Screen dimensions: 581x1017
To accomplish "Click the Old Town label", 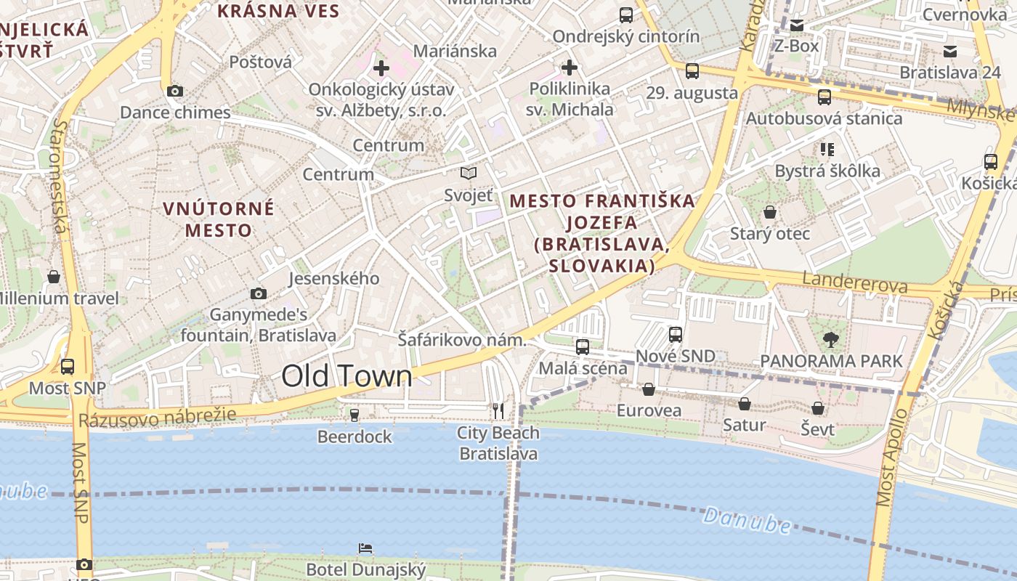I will click(x=347, y=376).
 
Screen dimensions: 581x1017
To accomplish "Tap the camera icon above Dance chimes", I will click(x=174, y=91).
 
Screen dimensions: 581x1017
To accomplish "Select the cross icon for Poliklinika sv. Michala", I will click(x=570, y=68).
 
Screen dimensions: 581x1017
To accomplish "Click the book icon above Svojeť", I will click(x=469, y=174).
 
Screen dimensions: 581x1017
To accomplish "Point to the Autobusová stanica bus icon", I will click(x=824, y=97).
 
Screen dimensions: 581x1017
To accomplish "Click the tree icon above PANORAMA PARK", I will click(x=831, y=339).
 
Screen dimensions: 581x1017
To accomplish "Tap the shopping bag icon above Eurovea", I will click(x=649, y=390).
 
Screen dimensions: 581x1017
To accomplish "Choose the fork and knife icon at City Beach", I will click(x=498, y=412).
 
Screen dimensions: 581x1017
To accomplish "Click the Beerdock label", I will click(x=354, y=436).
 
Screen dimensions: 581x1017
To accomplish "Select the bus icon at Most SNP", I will click(x=68, y=367).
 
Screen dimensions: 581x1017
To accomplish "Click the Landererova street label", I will click(x=854, y=282).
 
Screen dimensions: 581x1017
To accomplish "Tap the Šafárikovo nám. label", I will click(x=462, y=339).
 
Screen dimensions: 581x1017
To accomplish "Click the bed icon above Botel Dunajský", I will click(x=365, y=548).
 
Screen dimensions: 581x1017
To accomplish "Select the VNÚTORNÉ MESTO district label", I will click(x=218, y=219).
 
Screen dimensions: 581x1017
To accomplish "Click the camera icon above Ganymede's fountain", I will click(x=258, y=293).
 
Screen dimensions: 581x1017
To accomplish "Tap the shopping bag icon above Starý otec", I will click(x=770, y=212).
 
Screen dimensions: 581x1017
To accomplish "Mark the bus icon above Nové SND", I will click(x=676, y=335).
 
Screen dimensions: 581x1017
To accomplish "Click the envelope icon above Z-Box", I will click(x=796, y=25).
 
